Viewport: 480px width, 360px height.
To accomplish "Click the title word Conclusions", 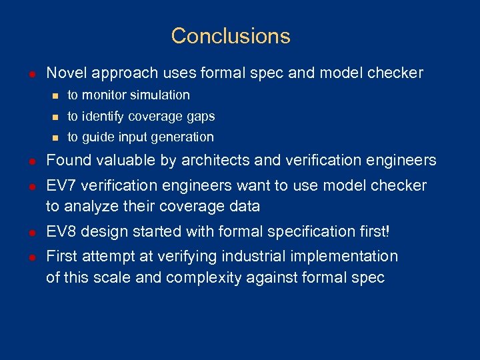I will [x=231, y=35].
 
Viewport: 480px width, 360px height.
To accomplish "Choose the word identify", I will [x=103, y=117].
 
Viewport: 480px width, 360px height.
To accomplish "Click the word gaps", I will [x=201, y=117].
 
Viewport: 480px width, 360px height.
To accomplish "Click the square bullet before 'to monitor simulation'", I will [x=55, y=95].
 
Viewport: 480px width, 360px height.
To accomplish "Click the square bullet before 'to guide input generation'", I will [x=55, y=137].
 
